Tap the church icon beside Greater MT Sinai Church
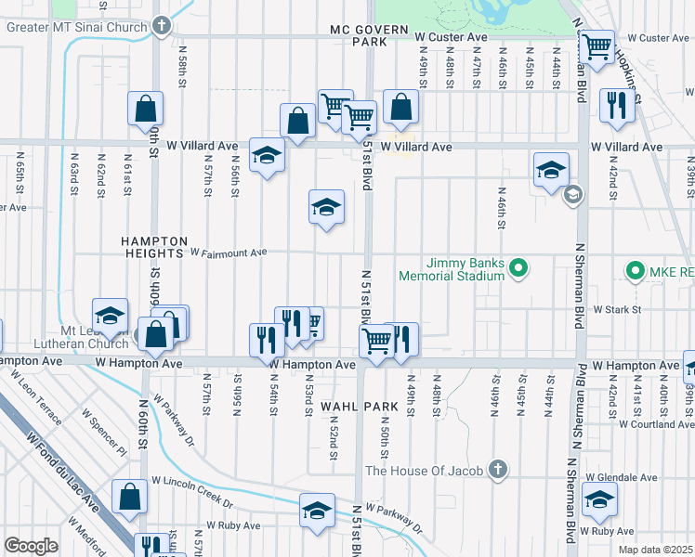(162, 25)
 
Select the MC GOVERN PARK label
(369, 36)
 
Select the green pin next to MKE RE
(636, 271)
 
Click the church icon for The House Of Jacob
(498, 470)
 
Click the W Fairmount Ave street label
(229, 252)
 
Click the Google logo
(31, 546)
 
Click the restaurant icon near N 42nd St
(616, 106)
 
